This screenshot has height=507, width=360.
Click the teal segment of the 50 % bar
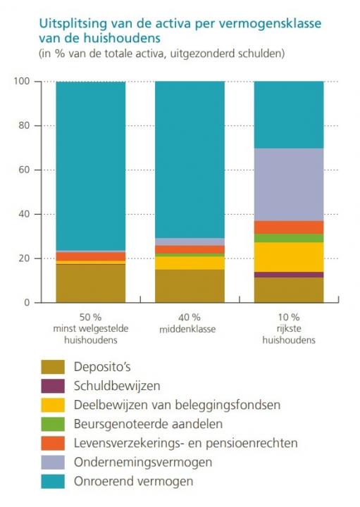90,165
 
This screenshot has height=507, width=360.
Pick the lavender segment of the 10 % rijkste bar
288,184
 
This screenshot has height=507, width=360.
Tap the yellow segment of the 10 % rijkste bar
288,257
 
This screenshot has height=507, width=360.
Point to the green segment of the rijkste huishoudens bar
288,238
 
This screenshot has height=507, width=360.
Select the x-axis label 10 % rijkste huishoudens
288,328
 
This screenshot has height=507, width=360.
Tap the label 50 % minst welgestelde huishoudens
90,328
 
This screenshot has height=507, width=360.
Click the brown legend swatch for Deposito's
52,366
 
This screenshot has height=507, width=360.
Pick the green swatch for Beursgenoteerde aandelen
52,424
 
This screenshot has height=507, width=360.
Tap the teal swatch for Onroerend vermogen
52,482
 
